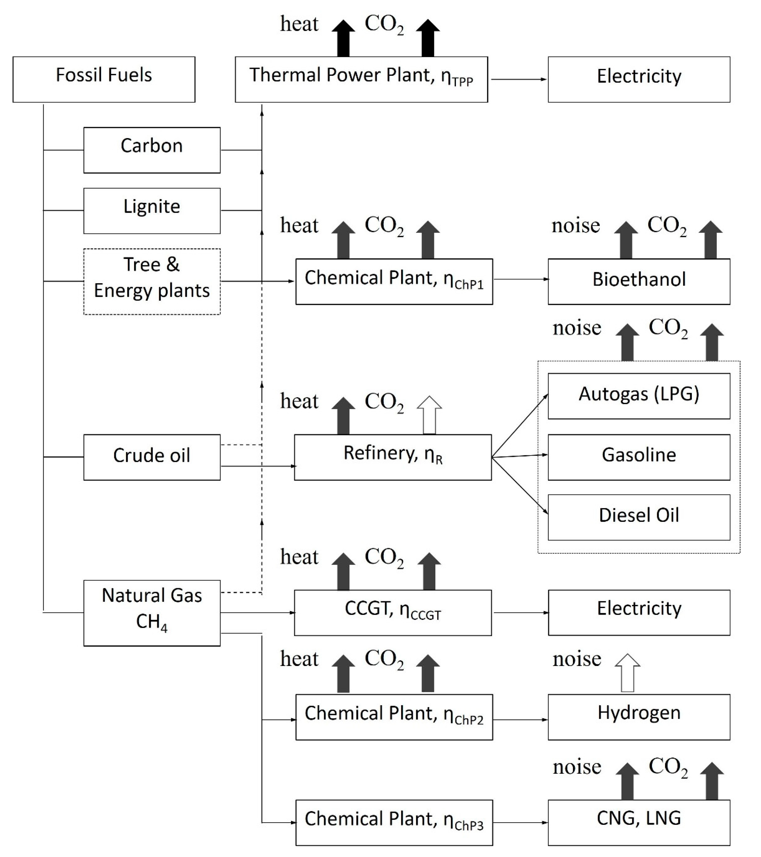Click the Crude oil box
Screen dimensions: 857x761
(x=152, y=457)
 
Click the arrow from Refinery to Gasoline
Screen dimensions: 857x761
(x=520, y=456)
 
